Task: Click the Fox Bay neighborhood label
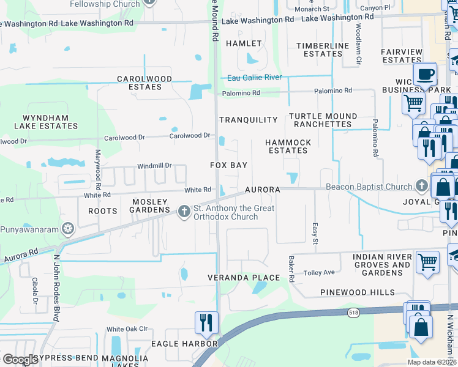[x=229, y=165]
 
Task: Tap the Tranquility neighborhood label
[x=249, y=120]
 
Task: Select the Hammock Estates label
[x=288, y=146]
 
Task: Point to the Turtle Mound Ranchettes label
[x=323, y=120]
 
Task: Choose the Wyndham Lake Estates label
[x=42, y=121]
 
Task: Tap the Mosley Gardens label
[x=149, y=206]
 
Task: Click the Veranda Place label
[x=251, y=278]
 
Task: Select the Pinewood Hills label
[x=358, y=292]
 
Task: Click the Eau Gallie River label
[x=254, y=78]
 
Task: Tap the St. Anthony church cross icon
[x=183, y=212]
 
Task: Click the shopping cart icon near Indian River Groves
[x=427, y=262]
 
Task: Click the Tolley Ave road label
[x=320, y=272]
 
